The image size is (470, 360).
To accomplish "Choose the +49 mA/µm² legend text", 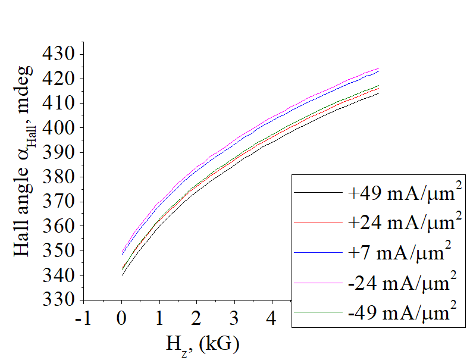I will [x=405, y=193].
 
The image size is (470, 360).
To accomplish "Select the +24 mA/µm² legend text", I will [x=405, y=223].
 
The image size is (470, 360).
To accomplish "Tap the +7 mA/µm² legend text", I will [x=397, y=253].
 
